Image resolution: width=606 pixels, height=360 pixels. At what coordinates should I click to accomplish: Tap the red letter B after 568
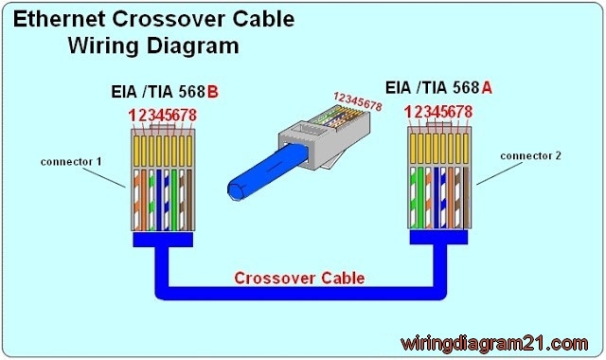click(x=212, y=93)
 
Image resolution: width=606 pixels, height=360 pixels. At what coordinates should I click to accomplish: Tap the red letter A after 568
click(x=487, y=87)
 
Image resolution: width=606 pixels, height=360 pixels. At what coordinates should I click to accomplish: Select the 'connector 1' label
click(x=71, y=161)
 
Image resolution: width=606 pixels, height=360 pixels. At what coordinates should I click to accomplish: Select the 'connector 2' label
click(x=531, y=155)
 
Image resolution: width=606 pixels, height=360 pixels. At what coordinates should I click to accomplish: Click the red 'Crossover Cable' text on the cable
click(x=299, y=278)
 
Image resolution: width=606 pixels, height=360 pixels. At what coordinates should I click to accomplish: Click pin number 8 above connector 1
click(x=193, y=116)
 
